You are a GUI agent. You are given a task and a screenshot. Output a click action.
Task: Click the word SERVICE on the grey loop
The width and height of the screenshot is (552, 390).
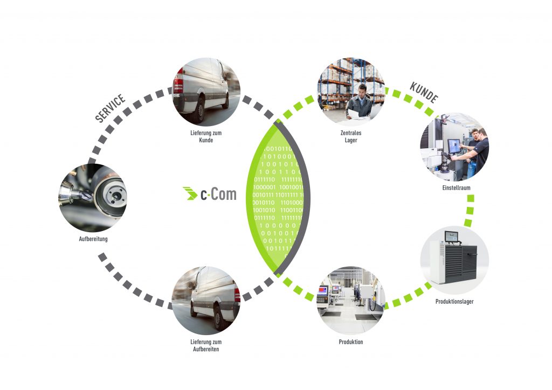(111, 108)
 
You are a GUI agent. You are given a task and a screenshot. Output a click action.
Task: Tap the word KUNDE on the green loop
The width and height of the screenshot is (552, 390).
(424, 92)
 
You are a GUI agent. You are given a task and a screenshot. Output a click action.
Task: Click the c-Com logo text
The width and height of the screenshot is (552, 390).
(218, 194)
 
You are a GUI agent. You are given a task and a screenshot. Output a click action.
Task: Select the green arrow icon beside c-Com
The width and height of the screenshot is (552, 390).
(190, 193)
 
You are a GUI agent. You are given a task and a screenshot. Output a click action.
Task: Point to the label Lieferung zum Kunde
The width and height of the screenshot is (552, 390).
(206, 136)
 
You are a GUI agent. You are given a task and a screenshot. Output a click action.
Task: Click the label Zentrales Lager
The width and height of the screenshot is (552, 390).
(351, 136)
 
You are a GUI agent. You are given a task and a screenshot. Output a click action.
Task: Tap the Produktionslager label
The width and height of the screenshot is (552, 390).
(454, 302)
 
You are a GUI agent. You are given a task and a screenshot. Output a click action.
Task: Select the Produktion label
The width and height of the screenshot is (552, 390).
(351, 342)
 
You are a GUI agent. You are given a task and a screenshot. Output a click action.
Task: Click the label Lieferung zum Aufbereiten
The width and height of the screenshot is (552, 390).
(206, 345)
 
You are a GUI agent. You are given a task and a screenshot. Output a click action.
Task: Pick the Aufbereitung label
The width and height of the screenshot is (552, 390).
(93, 239)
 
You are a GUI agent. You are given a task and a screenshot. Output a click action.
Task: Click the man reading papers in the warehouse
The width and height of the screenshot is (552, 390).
(360, 102)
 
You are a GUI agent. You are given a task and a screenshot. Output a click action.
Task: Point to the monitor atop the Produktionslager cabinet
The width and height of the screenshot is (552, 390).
(451, 235)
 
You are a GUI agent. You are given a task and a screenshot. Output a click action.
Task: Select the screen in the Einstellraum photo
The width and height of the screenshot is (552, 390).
(454, 145)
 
